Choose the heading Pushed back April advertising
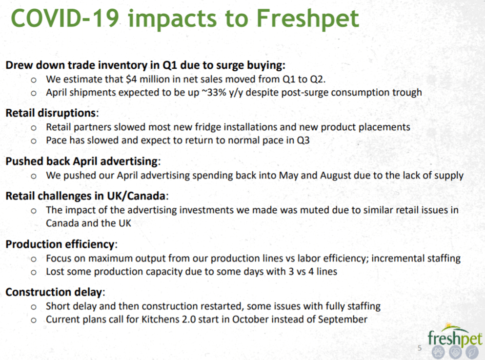pyautogui.click(x=82, y=161)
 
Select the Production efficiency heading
pyautogui.click(x=61, y=244)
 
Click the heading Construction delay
pyautogui.click(x=55, y=292)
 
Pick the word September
pyautogui.click(x=343, y=320)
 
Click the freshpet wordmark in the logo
pyautogui.click(x=454, y=337)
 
